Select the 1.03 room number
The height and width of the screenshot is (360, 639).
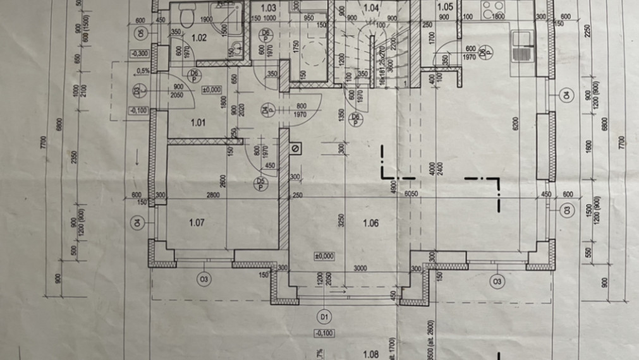268,8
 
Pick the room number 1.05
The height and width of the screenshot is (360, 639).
445,8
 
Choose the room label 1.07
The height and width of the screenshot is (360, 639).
197,222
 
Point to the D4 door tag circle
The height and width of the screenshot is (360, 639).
268,111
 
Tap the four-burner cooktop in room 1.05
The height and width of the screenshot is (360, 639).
492,9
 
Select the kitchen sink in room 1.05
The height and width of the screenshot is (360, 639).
522,46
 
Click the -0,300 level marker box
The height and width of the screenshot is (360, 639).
141,54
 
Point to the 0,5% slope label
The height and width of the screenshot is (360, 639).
143,71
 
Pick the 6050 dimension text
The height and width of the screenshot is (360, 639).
412,195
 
